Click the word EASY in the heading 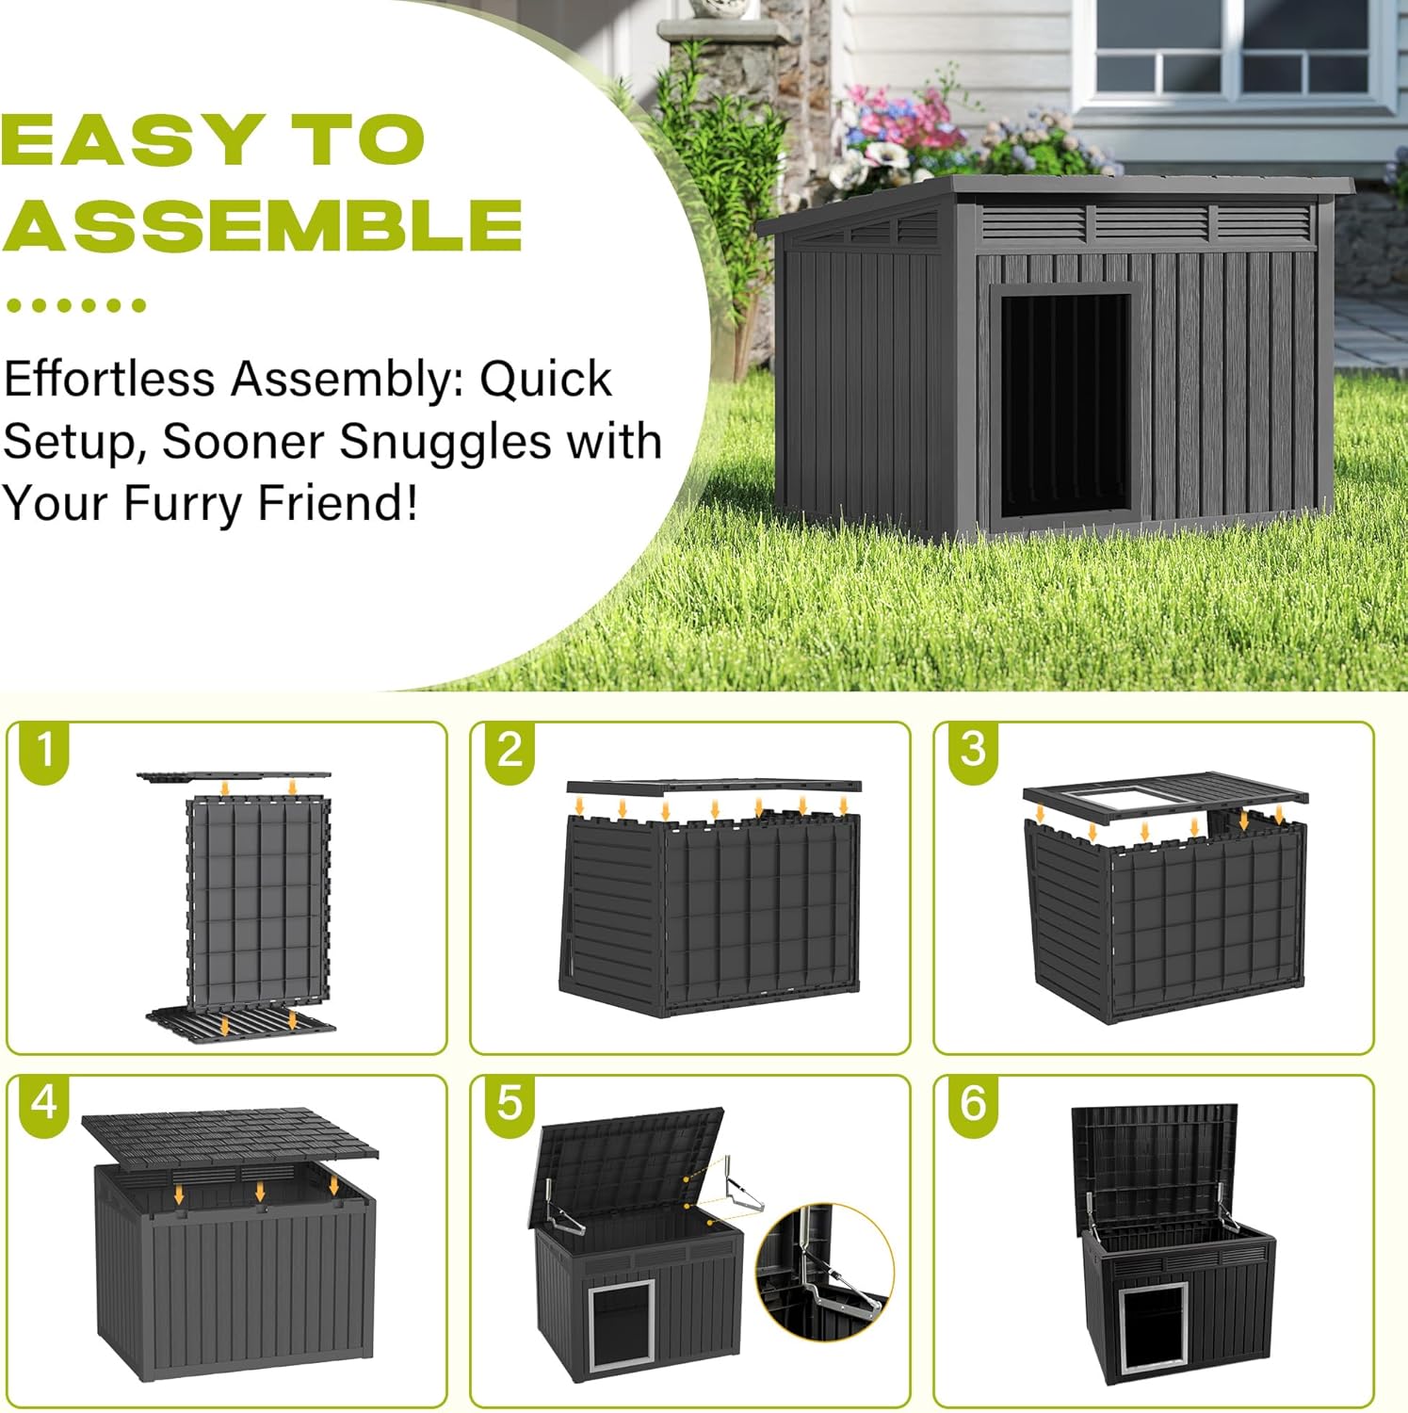(x=132, y=139)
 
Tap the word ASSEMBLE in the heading (x=262, y=224)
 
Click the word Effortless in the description (x=109, y=379)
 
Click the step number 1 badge (x=43, y=751)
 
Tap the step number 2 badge (x=509, y=751)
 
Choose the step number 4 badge (x=43, y=1102)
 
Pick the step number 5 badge (x=509, y=1102)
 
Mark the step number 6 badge (x=972, y=1102)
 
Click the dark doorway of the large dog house (x=1064, y=405)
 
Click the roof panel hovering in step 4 (x=229, y=1135)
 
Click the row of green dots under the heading (x=75, y=305)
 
